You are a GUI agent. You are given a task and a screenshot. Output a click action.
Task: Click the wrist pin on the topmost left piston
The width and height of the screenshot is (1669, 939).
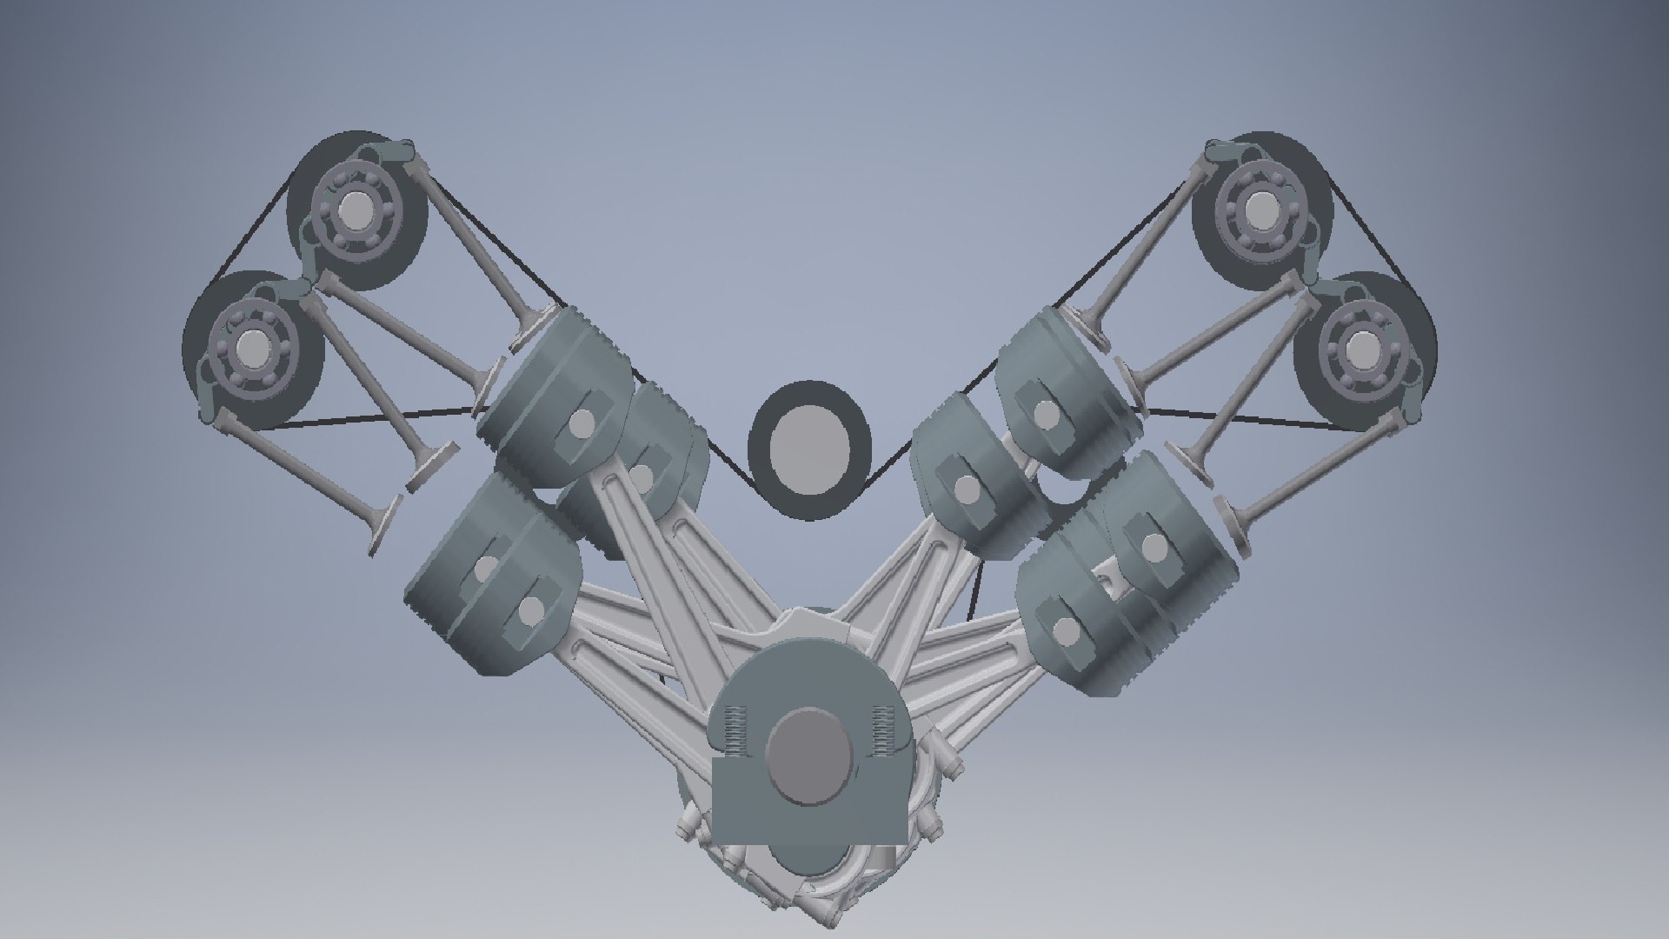point(580,423)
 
